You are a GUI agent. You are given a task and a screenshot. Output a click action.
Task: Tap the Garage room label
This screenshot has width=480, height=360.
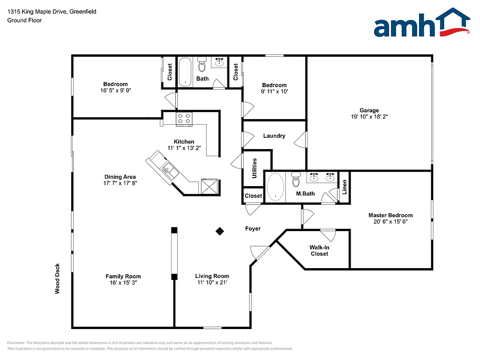pos(369,111)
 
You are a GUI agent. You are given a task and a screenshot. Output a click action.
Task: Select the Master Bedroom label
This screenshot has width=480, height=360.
pos(390,215)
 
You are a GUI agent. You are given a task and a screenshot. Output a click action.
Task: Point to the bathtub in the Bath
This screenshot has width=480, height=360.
pos(186,72)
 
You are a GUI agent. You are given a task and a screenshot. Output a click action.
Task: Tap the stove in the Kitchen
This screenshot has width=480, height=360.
pos(184,119)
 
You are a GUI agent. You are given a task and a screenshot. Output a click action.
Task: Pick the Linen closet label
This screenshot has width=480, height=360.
pos(345,187)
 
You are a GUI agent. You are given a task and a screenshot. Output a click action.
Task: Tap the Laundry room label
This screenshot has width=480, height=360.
pos(274,136)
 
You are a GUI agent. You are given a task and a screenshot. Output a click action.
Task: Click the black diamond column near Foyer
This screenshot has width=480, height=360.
pos(219,231)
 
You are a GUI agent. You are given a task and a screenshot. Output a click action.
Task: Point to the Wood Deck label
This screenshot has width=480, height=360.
pos(58,278)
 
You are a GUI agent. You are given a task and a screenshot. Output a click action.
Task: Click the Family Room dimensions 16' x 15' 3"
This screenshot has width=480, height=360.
pos(123,283)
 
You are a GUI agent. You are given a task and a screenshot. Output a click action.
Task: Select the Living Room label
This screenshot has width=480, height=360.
pos(212,276)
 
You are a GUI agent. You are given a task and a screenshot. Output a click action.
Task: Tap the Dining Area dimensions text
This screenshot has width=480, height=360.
pos(120,183)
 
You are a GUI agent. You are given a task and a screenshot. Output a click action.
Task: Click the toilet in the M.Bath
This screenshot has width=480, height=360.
pos(296,179)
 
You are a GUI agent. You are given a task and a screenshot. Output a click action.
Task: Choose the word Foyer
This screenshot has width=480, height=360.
pos(253,229)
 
